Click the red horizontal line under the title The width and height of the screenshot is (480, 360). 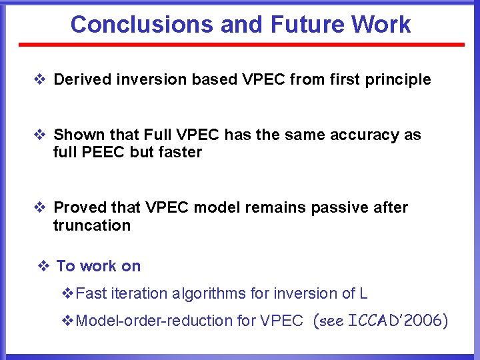241,45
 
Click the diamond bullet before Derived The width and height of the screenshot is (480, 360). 39,80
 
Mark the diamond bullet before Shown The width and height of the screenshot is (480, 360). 39,135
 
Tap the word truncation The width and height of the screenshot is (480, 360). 92,225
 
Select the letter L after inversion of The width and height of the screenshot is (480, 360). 363,294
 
